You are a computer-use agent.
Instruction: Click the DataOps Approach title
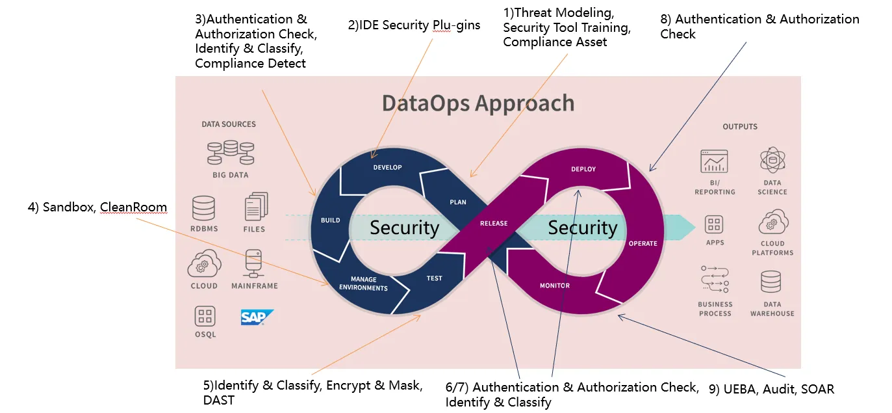point(478,103)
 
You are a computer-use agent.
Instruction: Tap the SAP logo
point(257,317)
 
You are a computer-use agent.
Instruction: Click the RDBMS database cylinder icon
point(203,208)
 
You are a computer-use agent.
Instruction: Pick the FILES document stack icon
point(255,207)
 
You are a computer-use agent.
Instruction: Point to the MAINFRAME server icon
point(254,264)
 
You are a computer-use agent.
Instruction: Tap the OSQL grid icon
point(205,317)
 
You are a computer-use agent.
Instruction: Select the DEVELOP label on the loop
point(387,167)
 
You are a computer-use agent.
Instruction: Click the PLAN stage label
point(458,202)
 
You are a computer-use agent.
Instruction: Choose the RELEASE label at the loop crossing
point(494,224)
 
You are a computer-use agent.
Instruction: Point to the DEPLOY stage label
point(583,169)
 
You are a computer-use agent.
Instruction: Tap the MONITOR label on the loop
point(555,286)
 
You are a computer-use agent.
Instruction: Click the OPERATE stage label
point(643,243)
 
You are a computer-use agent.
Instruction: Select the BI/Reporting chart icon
point(714,161)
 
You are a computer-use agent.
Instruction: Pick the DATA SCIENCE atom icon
point(772,160)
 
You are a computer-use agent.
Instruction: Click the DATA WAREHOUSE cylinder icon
point(771,282)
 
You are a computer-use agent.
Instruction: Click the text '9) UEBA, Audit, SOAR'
point(771,389)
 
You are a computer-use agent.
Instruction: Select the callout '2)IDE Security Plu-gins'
point(414,25)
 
